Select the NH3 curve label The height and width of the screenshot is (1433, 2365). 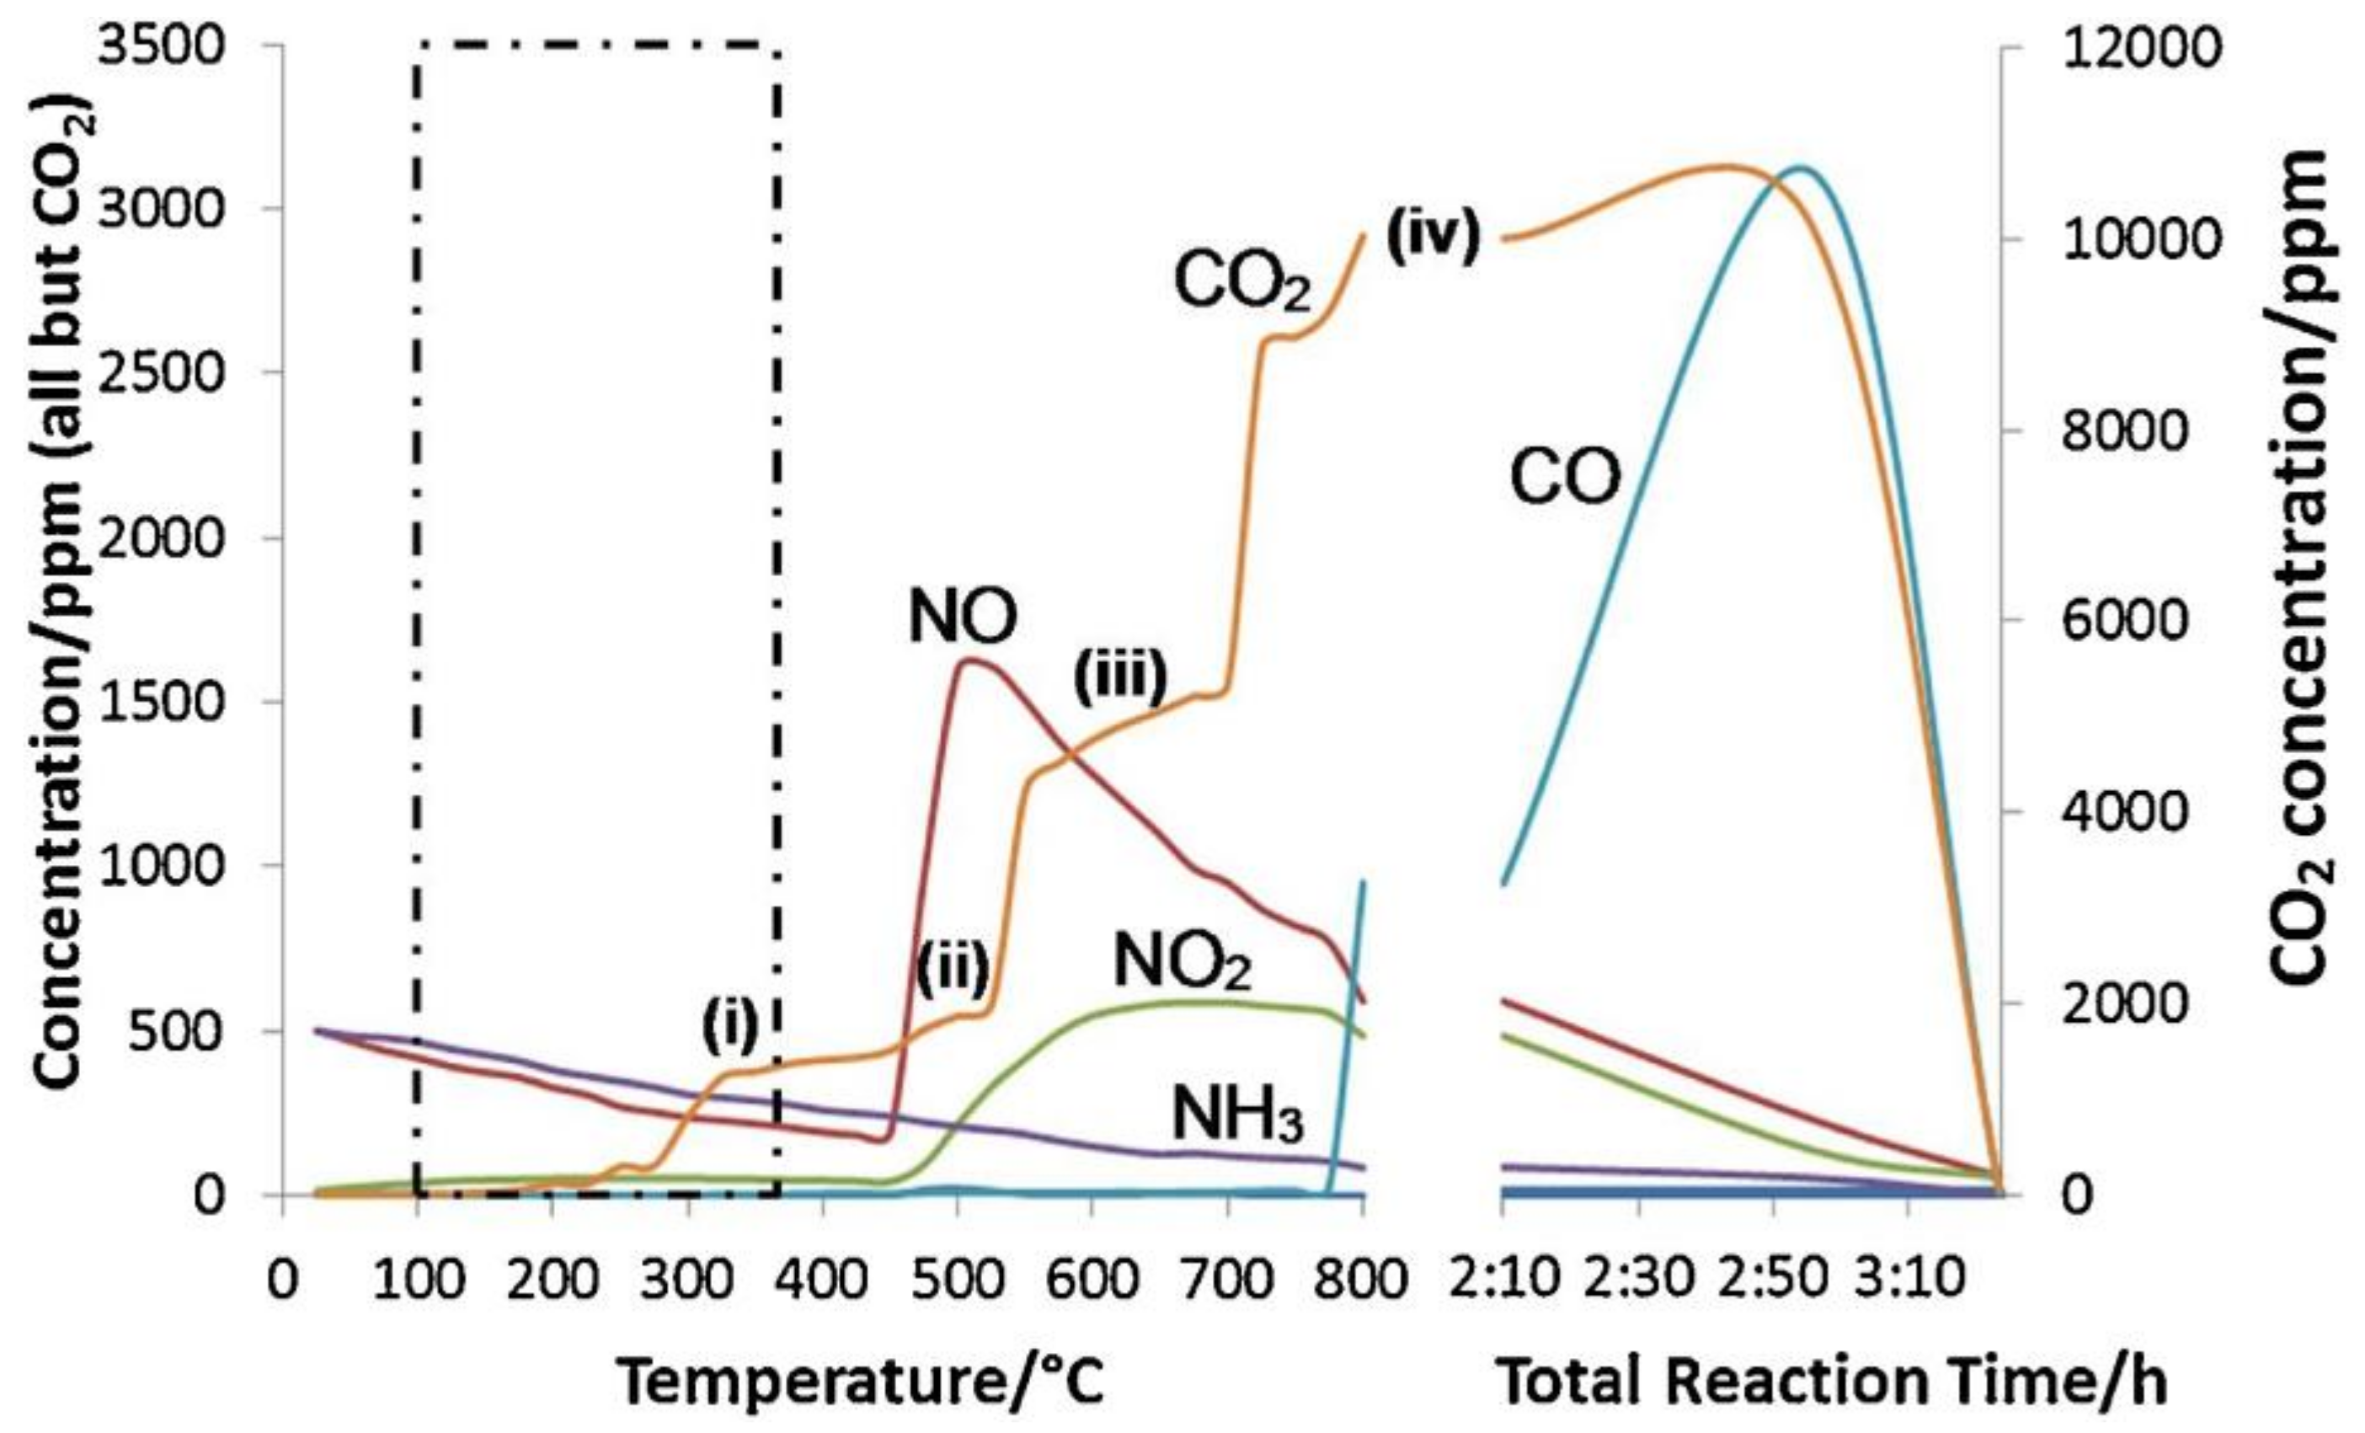point(1238,1116)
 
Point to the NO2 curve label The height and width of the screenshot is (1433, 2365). point(1182,963)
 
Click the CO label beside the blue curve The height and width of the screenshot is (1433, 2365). point(1566,477)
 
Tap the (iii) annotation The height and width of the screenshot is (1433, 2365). point(1120,676)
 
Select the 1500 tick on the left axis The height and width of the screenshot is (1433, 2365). point(161,702)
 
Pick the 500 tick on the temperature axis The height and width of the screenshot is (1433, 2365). point(956,1280)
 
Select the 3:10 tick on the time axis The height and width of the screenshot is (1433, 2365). point(1909,1280)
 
